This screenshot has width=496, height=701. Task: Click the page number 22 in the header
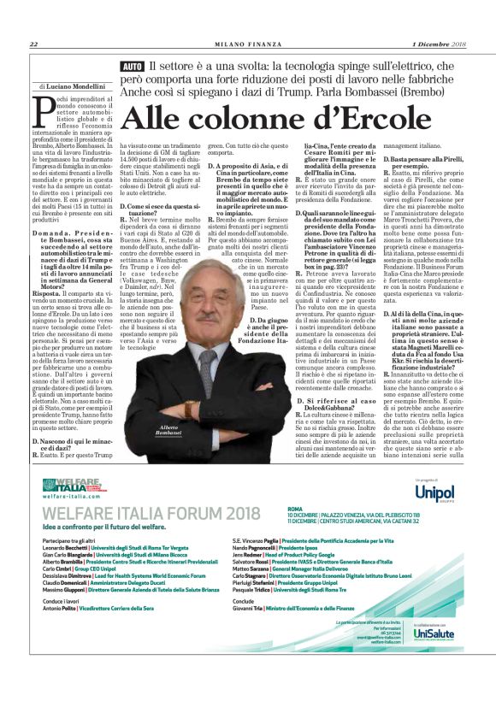(33, 44)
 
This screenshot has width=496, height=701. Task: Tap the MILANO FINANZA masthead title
(247, 44)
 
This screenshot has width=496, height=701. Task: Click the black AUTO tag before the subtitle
(133, 66)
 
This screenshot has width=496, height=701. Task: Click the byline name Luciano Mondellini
(78, 87)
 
